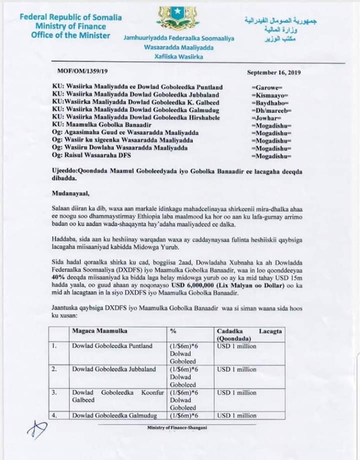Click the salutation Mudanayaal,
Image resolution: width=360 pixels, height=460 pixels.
tap(72, 192)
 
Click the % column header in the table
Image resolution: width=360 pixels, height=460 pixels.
tap(173, 331)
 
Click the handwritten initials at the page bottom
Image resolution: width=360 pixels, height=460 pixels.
tap(39, 428)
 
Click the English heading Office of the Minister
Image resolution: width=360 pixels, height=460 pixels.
tap(70, 35)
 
